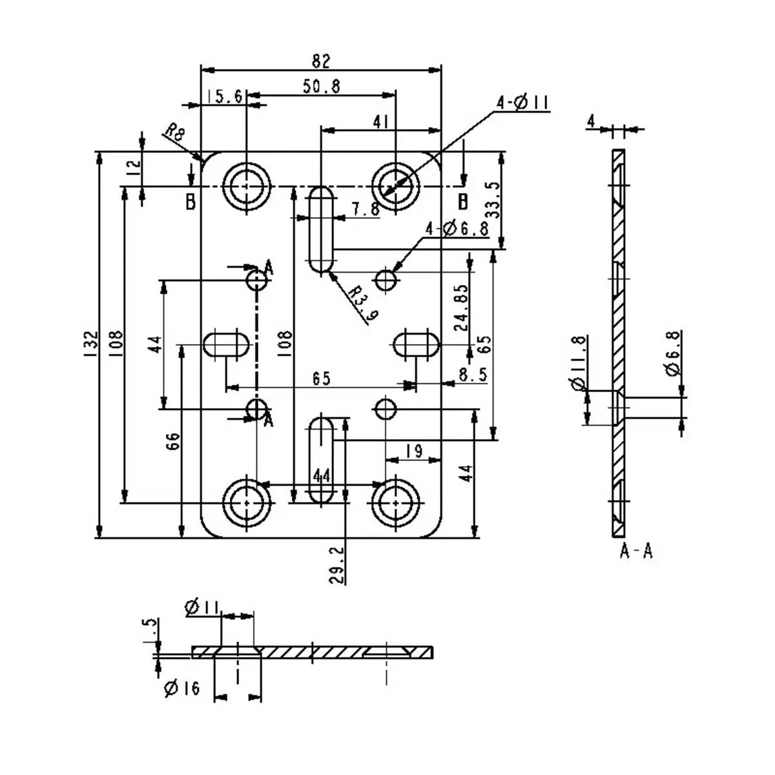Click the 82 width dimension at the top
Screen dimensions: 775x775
tap(321, 61)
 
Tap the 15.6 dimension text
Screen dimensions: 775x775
tap(225, 96)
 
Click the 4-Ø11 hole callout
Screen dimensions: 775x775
tap(522, 103)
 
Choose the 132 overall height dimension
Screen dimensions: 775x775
tap(90, 344)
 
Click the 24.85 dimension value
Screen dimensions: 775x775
tap(461, 307)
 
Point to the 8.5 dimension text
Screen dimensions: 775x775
tap(473, 375)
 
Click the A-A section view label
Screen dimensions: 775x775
tap(636, 551)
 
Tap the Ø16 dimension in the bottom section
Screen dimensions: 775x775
tap(182, 689)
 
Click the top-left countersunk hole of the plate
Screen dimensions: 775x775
tap(246, 186)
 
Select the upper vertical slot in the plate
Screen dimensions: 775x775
tap(321, 229)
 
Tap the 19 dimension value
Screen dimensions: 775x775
tap(414, 451)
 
